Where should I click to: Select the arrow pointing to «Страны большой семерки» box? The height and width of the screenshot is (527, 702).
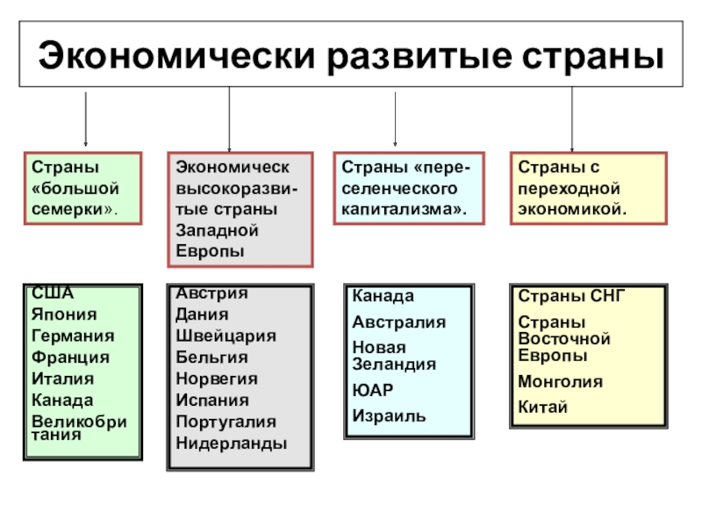(x=85, y=118)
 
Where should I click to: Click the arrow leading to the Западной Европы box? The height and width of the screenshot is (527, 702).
(x=229, y=119)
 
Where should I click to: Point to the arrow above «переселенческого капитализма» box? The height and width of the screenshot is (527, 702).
(x=395, y=119)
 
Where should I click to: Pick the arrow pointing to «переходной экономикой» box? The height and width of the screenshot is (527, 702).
(x=572, y=119)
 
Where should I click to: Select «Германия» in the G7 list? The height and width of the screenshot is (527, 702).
(x=73, y=336)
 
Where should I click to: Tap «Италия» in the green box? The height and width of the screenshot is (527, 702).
(x=62, y=379)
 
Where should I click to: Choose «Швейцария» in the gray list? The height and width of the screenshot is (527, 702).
(x=226, y=336)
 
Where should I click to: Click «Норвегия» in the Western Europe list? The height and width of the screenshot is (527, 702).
(x=217, y=379)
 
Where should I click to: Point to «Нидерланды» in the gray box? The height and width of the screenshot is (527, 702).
(x=231, y=444)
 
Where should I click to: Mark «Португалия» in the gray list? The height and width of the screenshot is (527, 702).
(x=226, y=422)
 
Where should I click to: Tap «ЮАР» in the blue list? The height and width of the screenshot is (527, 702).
(x=373, y=390)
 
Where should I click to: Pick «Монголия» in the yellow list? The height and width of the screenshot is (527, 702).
(x=560, y=382)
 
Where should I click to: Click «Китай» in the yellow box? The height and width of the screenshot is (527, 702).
(x=543, y=408)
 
